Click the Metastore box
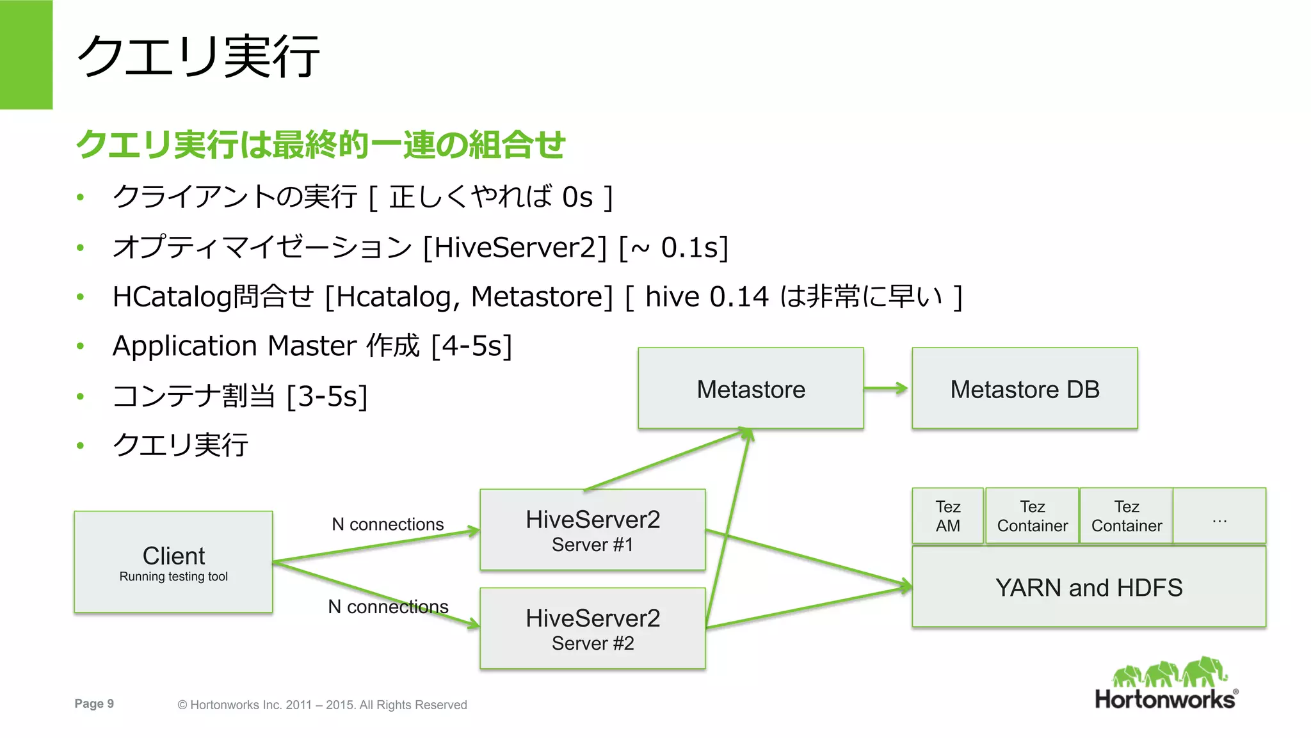[750, 389]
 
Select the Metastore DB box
[1024, 389]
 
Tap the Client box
[173, 561]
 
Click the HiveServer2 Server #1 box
[592, 530]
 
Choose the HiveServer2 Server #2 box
[592, 629]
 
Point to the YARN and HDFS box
[1088, 587]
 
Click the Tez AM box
[947, 516]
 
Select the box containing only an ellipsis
[1219, 516]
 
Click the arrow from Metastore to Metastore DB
[887, 388]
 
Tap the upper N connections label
[387, 524]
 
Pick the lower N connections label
[388, 606]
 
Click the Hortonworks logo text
[1165, 699]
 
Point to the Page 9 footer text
[94, 703]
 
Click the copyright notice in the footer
[322, 705]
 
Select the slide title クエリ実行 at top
[198, 56]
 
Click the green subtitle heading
[320, 144]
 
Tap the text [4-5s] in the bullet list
[472, 346]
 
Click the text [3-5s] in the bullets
[327, 396]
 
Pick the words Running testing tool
[173, 576]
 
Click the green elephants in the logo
[1170, 672]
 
